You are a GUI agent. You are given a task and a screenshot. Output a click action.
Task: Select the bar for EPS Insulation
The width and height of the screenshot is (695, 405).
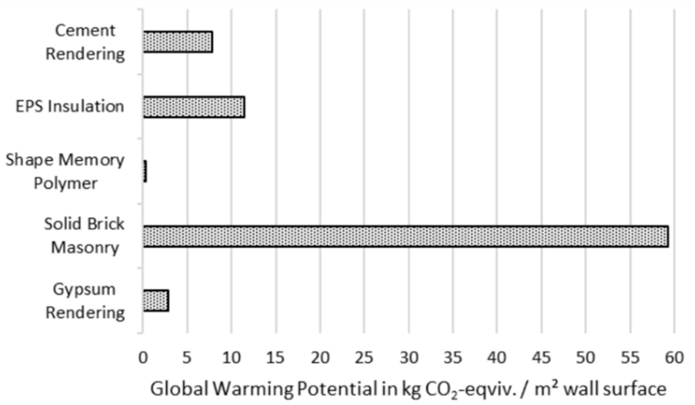[x=194, y=107]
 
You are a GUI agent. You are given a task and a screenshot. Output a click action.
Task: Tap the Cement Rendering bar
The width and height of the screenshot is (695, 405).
[x=178, y=42]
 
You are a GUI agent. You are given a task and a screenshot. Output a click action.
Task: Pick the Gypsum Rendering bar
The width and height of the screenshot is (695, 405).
[x=156, y=300]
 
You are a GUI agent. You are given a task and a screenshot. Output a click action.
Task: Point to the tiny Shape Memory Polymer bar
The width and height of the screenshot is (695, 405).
[x=145, y=171]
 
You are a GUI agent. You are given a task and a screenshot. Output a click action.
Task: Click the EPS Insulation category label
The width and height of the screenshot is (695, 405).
[x=70, y=106]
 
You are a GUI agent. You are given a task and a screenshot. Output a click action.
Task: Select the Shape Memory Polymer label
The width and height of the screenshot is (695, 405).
[x=65, y=172]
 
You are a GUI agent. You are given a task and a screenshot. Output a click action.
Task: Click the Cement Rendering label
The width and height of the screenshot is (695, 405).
[x=85, y=42]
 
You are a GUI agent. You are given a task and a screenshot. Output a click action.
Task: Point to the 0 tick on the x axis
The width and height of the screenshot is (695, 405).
[x=143, y=358]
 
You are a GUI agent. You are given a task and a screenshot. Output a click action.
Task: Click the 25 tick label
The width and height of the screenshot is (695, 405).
[x=364, y=358]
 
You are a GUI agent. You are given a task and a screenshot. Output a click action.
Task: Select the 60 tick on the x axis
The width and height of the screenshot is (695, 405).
[x=674, y=358]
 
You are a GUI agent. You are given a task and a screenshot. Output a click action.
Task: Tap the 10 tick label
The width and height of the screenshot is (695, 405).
[x=231, y=358]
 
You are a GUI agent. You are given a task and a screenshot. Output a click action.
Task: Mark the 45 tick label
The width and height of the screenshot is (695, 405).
[x=541, y=358]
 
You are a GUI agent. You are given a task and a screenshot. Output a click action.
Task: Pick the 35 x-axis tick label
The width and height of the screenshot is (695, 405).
[x=453, y=358]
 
